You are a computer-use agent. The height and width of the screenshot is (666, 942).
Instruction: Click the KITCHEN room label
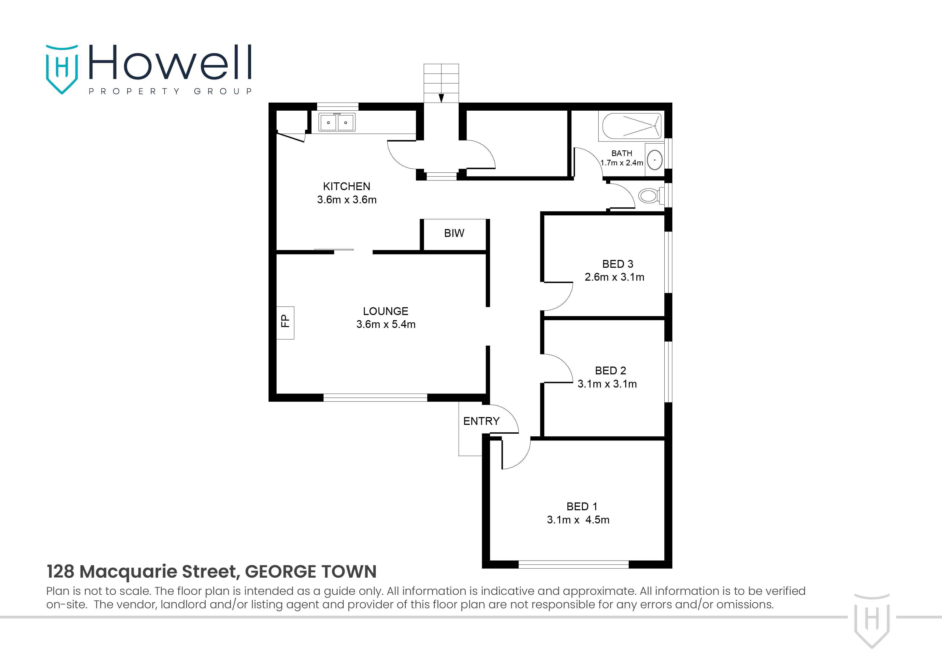pyautogui.click(x=346, y=186)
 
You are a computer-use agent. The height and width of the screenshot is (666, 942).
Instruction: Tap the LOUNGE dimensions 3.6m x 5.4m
pyautogui.click(x=386, y=324)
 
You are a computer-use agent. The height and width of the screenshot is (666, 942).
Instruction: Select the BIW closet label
pyautogui.click(x=454, y=233)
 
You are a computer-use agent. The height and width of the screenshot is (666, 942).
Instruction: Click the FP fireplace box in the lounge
pyautogui.click(x=285, y=323)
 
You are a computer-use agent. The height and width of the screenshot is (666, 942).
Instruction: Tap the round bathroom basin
pyautogui.click(x=655, y=160)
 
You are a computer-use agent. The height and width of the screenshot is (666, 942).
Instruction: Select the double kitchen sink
pyautogui.click(x=337, y=122)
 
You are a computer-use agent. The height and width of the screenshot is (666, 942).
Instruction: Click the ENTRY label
pyautogui.click(x=481, y=421)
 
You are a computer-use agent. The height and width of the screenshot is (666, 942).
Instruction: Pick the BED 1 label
pyautogui.click(x=582, y=506)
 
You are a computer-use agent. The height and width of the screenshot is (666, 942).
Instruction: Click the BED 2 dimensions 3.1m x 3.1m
pyautogui.click(x=607, y=384)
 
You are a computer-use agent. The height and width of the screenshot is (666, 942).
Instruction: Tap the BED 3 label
pyautogui.click(x=617, y=264)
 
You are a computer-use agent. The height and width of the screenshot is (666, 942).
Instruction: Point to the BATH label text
pyautogui.click(x=622, y=153)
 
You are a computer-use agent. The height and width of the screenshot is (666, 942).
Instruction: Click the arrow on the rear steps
pyautogui.click(x=441, y=98)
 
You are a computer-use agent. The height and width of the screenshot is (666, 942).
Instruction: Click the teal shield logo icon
pyautogui.click(x=61, y=69)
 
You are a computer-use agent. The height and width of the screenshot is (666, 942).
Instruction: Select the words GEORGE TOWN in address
pyautogui.click(x=311, y=572)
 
